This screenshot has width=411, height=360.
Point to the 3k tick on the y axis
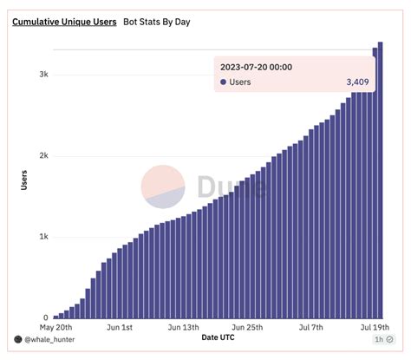(x=43, y=75)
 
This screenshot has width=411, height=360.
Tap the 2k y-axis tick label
(x=43, y=156)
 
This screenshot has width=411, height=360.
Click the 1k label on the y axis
(x=43, y=237)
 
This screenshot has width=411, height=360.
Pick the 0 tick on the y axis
(x=45, y=318)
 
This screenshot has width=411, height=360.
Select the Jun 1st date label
(x=119, y=328)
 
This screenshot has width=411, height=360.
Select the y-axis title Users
(x=23, y=180)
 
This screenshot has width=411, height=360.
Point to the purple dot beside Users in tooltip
(x=223, y=82)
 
